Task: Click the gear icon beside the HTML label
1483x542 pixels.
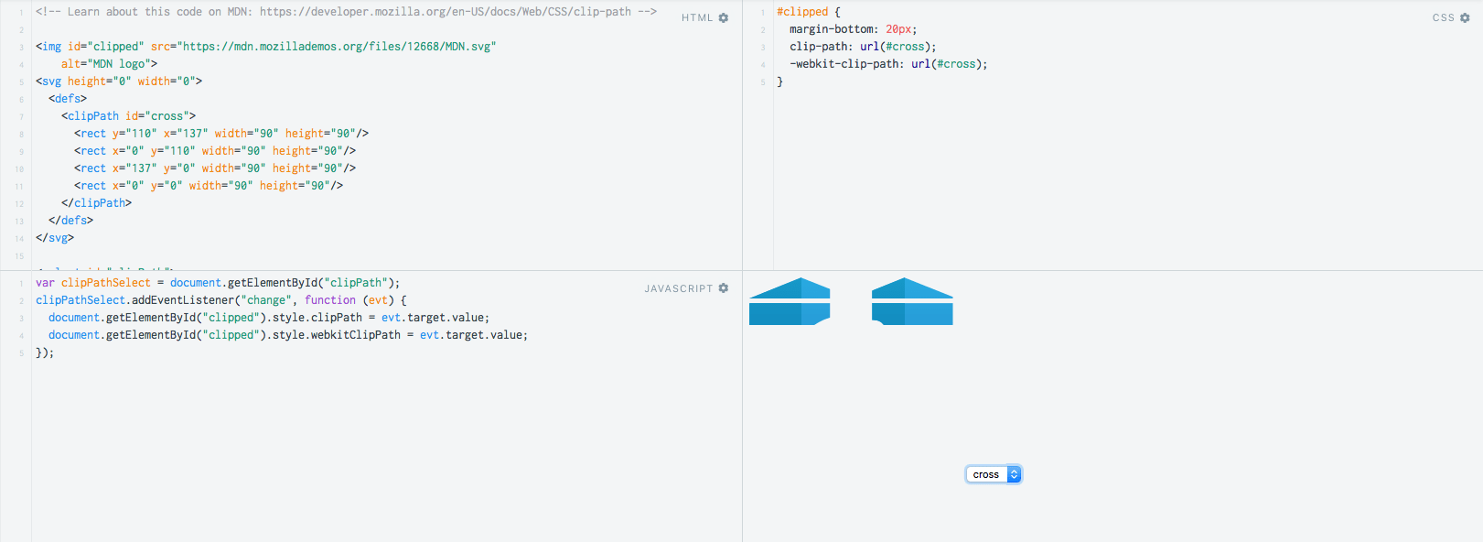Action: (x=724, y=18)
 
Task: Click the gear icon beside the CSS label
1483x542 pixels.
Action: (x=1465, y=18)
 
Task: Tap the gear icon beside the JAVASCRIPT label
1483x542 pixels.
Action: (x=724, y=288)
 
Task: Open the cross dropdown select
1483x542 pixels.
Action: (x=994, y=474)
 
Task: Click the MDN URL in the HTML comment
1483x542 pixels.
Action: (x=445, y=12)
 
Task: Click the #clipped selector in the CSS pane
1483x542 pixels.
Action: (x=802, y=12)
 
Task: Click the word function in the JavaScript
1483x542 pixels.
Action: (x=329, y=300)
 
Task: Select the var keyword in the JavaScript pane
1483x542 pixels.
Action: (x=45, y=283)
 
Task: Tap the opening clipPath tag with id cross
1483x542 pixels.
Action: (x=128, y=116)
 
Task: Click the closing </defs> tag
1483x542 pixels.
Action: (x=70, y=221)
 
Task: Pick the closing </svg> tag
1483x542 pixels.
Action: (x=55, y=238)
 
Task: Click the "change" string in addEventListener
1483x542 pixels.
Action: (x=266, y=300)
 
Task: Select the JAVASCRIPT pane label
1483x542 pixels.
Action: (x=679, y=289)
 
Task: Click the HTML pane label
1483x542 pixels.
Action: (x=697, y=18)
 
